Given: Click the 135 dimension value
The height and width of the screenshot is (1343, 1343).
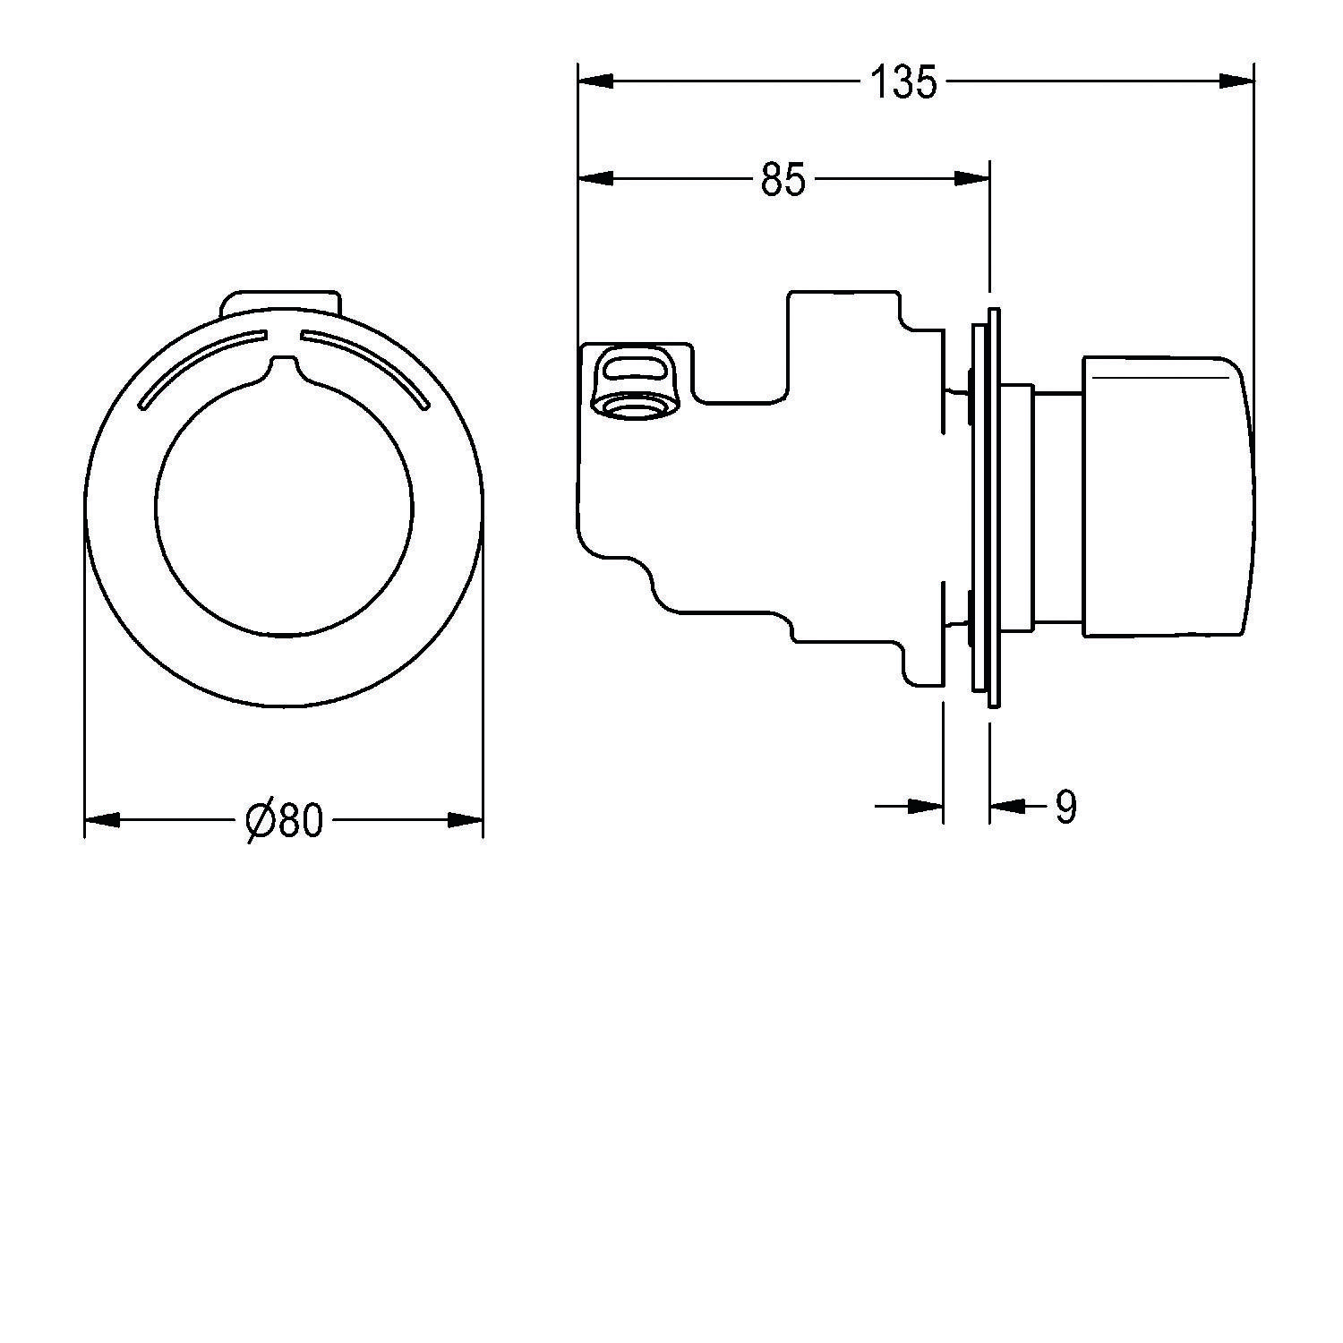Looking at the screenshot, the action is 903,83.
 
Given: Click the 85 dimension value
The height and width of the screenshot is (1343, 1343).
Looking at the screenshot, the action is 783,180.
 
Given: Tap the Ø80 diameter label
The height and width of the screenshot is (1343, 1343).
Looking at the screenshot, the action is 283,819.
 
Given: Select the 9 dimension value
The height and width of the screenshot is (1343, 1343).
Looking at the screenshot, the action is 1065,808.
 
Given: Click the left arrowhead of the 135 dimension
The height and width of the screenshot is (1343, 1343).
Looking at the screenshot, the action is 596,81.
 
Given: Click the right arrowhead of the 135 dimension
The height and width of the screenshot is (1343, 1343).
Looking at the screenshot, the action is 1236,81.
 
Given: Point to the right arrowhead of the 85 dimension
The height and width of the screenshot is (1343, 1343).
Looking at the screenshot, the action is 971,179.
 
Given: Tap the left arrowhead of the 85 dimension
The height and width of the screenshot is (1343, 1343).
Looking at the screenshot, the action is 596,179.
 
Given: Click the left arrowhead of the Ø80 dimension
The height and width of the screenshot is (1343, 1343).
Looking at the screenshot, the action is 102,819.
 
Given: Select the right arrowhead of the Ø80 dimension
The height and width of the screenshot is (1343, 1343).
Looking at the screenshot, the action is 466,819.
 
